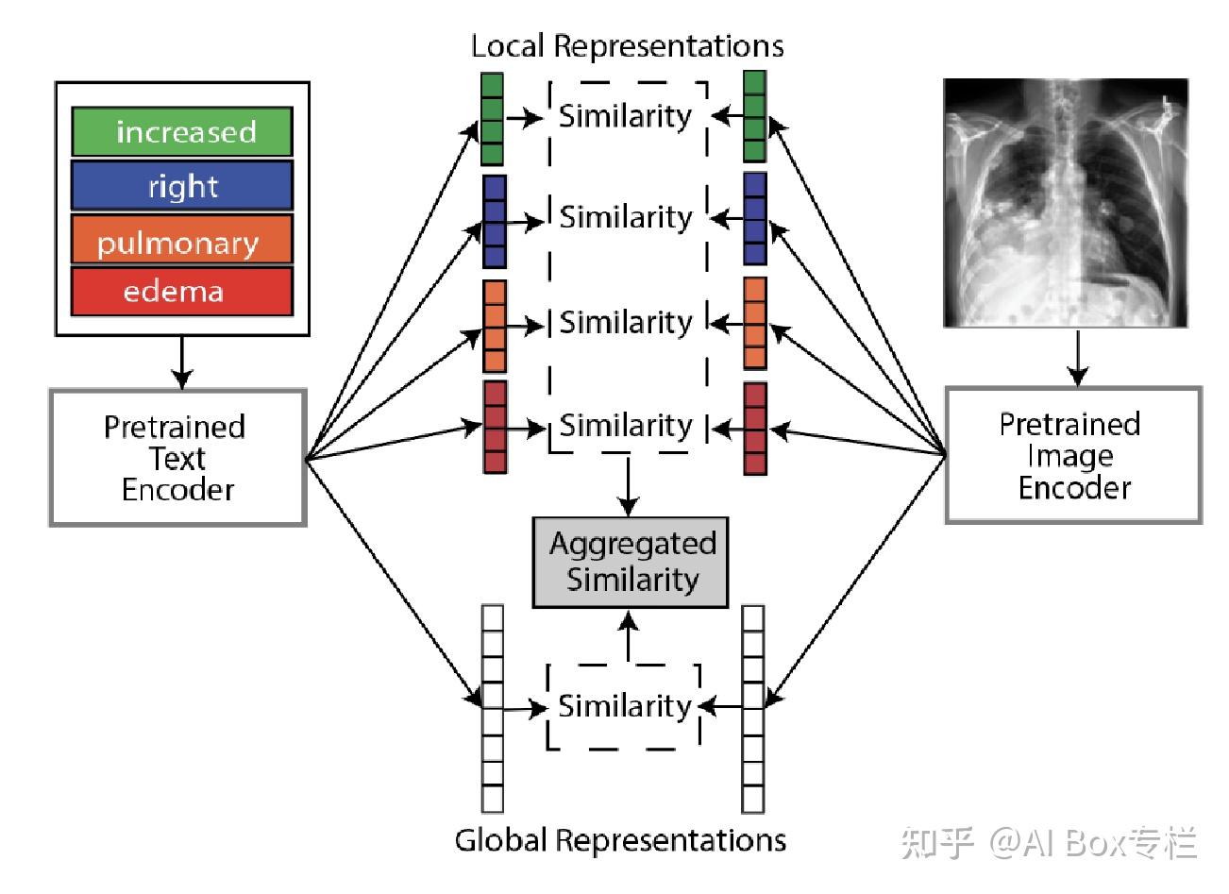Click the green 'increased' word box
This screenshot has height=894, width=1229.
(181, 132)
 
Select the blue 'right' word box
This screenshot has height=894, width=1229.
(181, 186)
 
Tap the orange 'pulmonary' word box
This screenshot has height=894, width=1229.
(181, 242)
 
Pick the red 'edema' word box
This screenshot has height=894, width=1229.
(181, 292)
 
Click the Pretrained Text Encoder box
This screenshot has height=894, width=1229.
(177, 458)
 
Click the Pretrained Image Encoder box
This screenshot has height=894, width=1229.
(1073, 455)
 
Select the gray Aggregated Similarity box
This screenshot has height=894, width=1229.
(631, 562)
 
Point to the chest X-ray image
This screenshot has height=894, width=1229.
(1066, 203)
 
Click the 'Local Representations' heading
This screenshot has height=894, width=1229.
(627, 46)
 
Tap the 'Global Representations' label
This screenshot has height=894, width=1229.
(620, 839)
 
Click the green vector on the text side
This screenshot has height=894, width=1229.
(492, 120)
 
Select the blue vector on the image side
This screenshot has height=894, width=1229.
(754, 219)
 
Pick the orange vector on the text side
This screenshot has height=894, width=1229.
(494, 326)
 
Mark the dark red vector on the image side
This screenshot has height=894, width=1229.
(755, 428)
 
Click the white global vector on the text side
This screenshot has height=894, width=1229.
(492, 708)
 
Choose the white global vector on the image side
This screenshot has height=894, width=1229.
(752, 708)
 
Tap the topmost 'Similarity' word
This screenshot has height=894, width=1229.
(625, 116)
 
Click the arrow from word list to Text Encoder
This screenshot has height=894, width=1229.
(179, 362)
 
